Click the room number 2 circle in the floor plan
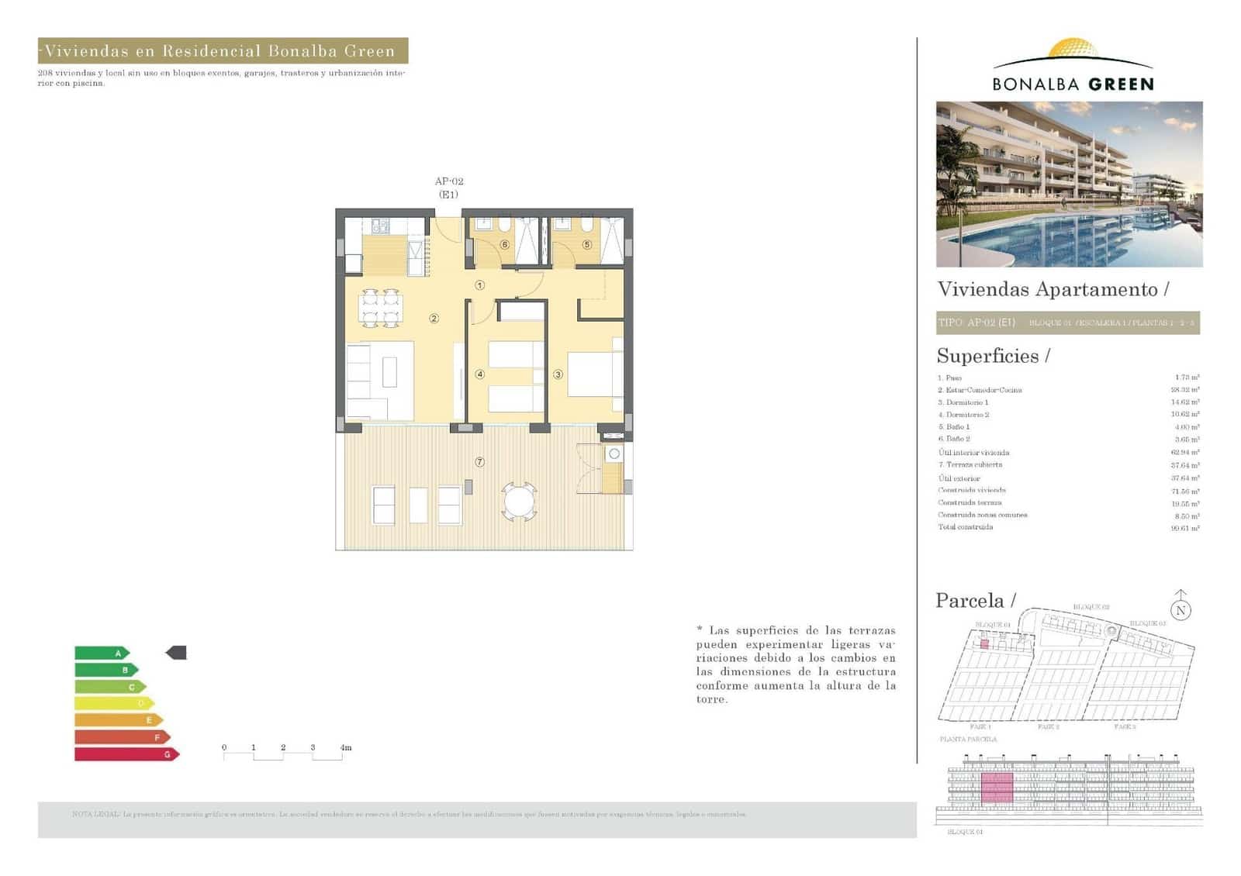point(434,319)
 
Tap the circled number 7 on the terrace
point(479,462)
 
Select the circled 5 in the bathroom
point(586,245)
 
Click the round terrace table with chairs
point(519,501)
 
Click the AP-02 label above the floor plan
point(449,181)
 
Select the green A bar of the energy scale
point(101,654)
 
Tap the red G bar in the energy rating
point(126,754)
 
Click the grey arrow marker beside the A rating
point(177,653)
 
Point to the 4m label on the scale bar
point(346,747)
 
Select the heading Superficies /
point(993,356)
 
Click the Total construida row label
point(965,527)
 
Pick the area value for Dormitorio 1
point(1184,402)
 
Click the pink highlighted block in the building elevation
point(997,788)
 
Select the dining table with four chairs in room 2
point(380,308)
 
